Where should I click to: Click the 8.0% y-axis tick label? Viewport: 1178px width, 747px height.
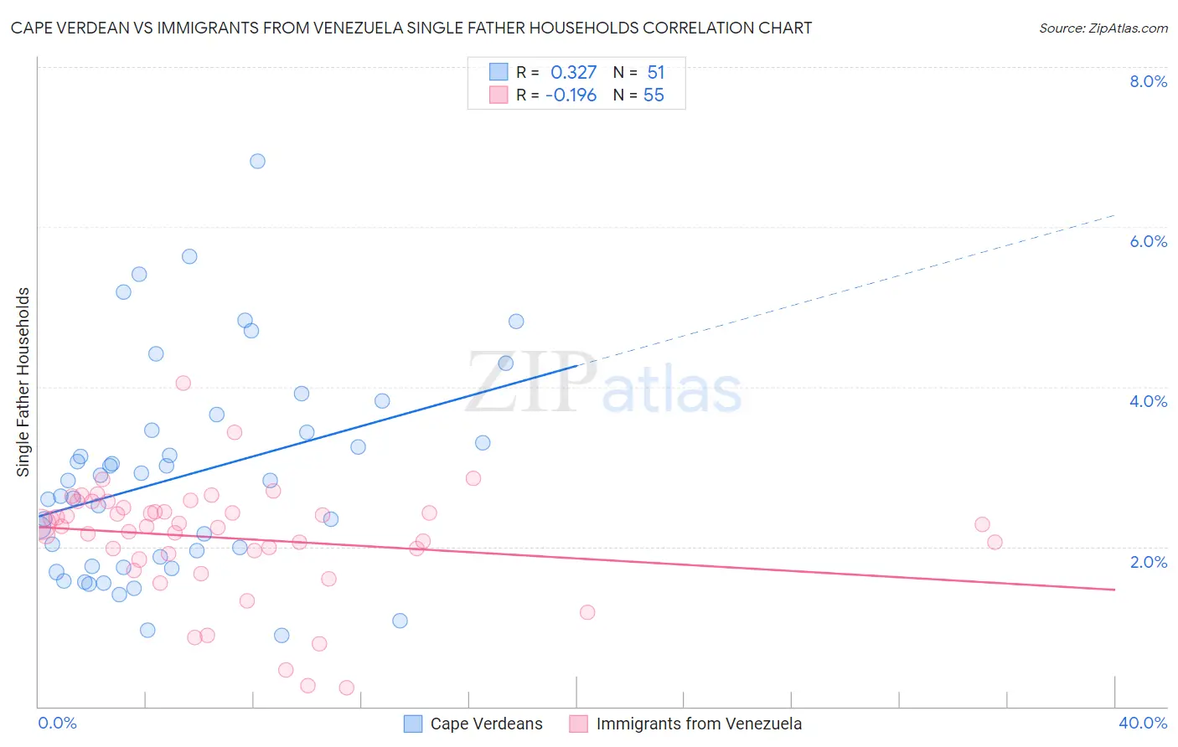(x=1148, y=81)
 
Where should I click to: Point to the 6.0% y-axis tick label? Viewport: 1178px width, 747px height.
(x=1148, y=241)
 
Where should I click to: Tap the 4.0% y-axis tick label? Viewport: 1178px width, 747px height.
(x=1148, y=401)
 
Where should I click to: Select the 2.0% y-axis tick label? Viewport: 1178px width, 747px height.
(x=1148, y=562)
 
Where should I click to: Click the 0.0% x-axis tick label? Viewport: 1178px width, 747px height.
(x=57, y=723)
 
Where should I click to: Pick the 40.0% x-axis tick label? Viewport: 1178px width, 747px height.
(x=1143, y=723)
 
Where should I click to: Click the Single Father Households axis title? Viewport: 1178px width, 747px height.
(x=23, y=382)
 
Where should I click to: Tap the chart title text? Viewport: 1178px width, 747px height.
(x=411, y=28)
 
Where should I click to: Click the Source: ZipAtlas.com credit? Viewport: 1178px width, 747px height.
(x=1103, y=28)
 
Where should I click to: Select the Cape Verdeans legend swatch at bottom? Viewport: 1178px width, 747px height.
(x=413, y=724)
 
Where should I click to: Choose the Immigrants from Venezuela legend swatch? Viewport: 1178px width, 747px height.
(x=579, y=724)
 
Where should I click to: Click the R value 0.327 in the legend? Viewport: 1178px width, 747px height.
(x=573, y=73)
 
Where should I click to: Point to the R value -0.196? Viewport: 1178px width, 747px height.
(x=571, y=95)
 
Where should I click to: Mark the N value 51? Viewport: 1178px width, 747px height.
(x=655, y=73)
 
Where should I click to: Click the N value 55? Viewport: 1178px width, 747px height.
(x=654, y=95)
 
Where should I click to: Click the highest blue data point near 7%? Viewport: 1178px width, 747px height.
(x=257, y=161)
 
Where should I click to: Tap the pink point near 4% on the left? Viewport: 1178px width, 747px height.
(x=183, y=384)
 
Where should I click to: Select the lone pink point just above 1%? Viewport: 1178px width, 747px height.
(x=587, y=612)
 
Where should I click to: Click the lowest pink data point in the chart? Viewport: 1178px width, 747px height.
(x=346, y=688)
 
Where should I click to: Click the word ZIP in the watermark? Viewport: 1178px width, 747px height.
(x=530, y=383)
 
